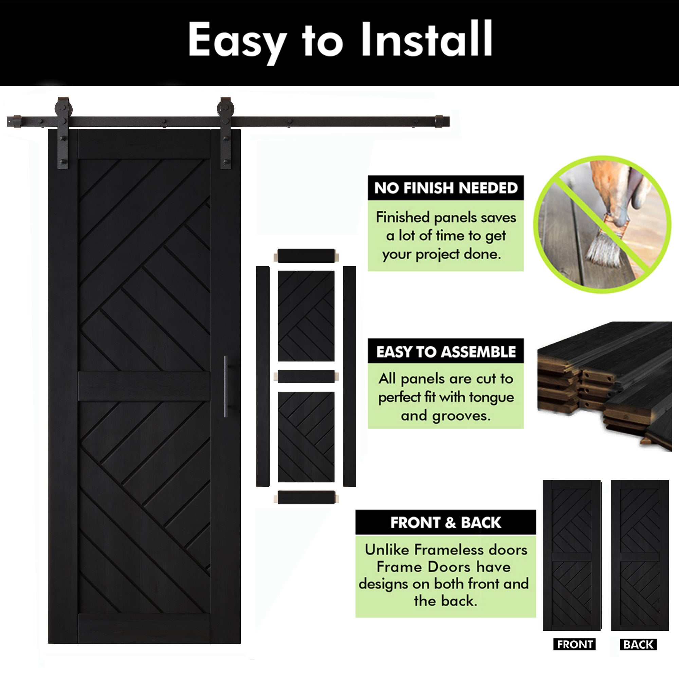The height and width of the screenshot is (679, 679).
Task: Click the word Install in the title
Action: (427, 39)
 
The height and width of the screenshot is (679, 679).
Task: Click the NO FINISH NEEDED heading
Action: (446, 188)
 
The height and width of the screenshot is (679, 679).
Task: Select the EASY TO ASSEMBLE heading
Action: (446, 352)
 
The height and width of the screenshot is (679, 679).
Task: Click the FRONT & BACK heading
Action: (446, 522)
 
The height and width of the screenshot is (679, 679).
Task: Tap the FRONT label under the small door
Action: (575, 644)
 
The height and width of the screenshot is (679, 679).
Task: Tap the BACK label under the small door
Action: (638, 644)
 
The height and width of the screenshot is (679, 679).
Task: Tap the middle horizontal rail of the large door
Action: (144, 386)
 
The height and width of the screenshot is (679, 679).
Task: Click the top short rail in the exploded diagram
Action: (306, 256)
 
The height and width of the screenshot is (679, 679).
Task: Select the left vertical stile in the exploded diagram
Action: (262, 377)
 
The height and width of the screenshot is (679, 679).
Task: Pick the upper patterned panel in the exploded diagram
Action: (306, 316)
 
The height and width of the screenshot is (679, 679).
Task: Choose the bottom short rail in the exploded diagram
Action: (306, 497)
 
